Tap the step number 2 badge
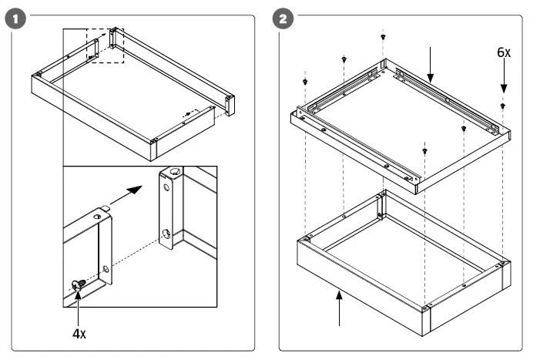click(284, 18)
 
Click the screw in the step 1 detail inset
click(78, 284)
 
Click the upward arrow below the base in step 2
click(339, 308)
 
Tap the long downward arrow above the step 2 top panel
click(431, 66)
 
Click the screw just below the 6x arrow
click(502, 106)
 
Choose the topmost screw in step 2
click(383, 35)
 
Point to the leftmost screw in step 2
click(306, 81)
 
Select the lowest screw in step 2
click(425, 150)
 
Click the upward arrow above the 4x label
click(78, 305)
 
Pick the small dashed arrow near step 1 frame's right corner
click(185, 113)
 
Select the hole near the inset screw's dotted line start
click(105, 267)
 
